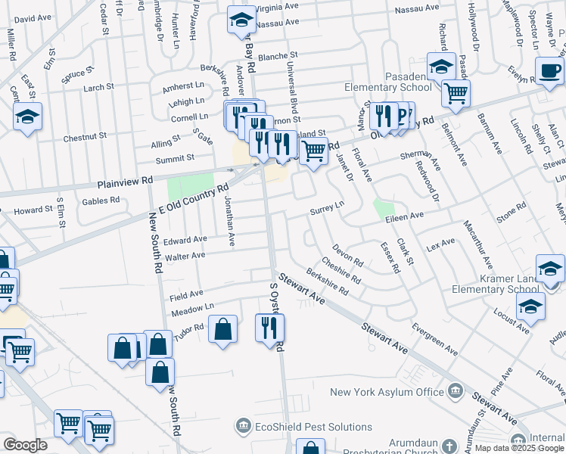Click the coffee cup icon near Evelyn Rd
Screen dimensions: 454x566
click(x=549, y=70)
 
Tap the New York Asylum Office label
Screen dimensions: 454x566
click(x=388, y=391)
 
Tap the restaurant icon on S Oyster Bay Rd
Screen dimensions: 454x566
click(x=269, y=328)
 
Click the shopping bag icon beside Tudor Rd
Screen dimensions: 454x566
click(x=222, y=329)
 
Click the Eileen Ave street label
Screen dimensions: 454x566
click(x=404, y=216)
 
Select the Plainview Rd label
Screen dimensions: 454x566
click(x=125, y=182)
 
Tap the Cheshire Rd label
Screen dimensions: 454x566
click(x=342, y=272)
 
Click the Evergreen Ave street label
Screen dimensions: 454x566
click(x=434, y=340)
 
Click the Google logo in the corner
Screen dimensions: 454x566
click(x=25, y=445)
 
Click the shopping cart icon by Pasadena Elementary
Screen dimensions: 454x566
click(x=456, y=94)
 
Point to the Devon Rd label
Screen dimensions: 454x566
click(x=347, y=256)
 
